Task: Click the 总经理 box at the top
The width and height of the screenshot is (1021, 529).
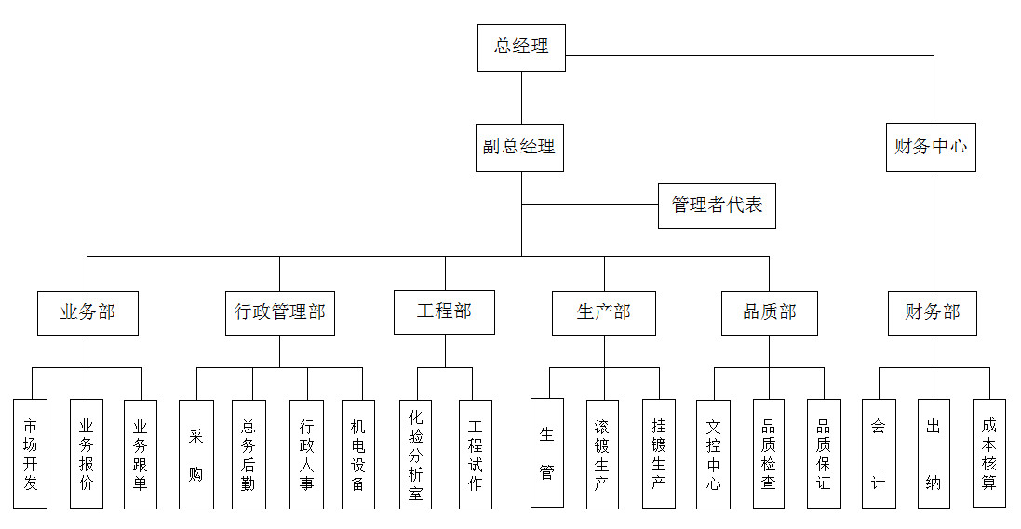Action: click(521, 47)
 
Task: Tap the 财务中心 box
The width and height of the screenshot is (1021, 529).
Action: click(931, 147)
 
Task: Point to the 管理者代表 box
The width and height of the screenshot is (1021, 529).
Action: click(717, 205)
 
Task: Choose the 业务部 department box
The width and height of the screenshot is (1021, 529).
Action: click(87, 312)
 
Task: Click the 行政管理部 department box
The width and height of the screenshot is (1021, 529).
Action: click(279, 312)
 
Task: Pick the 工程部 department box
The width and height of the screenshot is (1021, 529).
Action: click(444, 311)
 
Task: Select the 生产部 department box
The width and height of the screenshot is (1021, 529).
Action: click(604, 312)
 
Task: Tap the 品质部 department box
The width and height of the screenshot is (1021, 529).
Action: click(769, 312)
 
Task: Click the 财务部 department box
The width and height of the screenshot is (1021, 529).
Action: click(933, 312)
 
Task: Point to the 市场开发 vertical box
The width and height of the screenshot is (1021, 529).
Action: click(31, 454)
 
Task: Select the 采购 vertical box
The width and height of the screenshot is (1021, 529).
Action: click(196, 454)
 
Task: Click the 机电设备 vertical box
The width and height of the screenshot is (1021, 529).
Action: click(358, 454)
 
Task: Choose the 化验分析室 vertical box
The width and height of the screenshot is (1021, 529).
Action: click(416, 454)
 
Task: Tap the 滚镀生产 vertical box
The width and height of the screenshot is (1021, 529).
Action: click(602, 454)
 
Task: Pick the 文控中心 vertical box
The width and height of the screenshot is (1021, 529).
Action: click(714, 454)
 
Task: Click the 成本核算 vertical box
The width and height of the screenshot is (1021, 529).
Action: click(989, 454)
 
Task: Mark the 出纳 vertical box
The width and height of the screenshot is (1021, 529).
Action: click(934, 454)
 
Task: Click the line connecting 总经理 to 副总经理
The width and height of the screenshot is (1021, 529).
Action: click(521, 98)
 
